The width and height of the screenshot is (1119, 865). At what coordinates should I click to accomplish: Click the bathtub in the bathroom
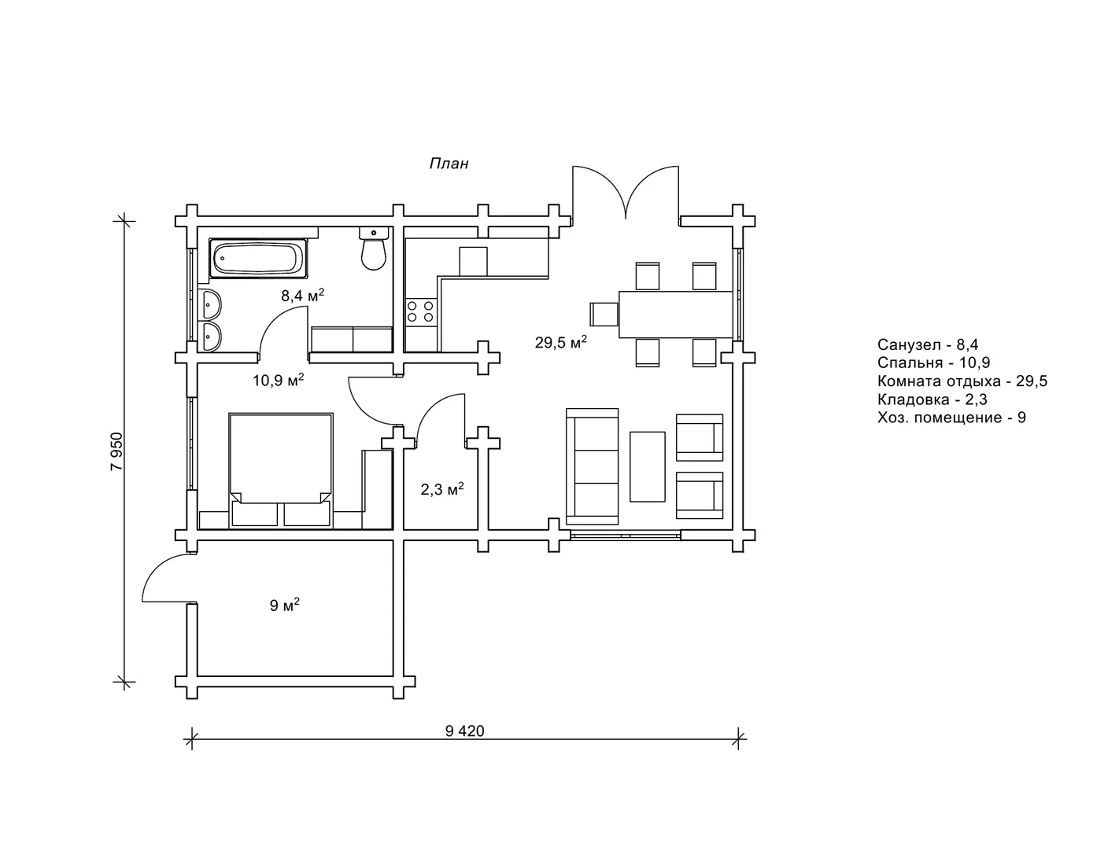coord(259,258)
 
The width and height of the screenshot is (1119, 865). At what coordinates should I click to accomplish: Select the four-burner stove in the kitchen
coord(421,312)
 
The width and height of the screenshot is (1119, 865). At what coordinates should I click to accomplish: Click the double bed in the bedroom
coord(281,470)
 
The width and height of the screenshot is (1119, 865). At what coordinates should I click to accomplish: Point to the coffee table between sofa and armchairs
coord(648,466)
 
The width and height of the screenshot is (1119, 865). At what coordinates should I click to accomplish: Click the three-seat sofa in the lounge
coord(593,467)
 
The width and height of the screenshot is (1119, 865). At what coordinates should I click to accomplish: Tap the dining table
coord(676,315)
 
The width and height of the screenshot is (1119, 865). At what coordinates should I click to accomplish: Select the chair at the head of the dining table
coord(604,315)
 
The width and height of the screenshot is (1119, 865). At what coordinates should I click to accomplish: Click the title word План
coord(449,164)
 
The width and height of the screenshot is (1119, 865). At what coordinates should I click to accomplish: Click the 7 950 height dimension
coord(117,451)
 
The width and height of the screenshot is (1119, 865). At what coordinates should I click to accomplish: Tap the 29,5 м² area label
coord(561,342)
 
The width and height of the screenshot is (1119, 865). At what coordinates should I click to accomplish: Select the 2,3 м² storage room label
coord(441,489)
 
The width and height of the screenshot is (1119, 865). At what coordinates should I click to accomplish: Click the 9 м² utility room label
coord(284,605)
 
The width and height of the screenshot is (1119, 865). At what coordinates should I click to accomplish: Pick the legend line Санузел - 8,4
coord(928,344)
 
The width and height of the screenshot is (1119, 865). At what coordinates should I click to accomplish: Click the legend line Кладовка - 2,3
coord(933,399)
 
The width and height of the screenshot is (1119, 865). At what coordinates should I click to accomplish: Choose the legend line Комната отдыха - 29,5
coord(962,381)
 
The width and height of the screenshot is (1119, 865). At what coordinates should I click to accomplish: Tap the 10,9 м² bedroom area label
coord(278,381)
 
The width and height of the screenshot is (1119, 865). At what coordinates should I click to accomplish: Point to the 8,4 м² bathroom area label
coord(302,296)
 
